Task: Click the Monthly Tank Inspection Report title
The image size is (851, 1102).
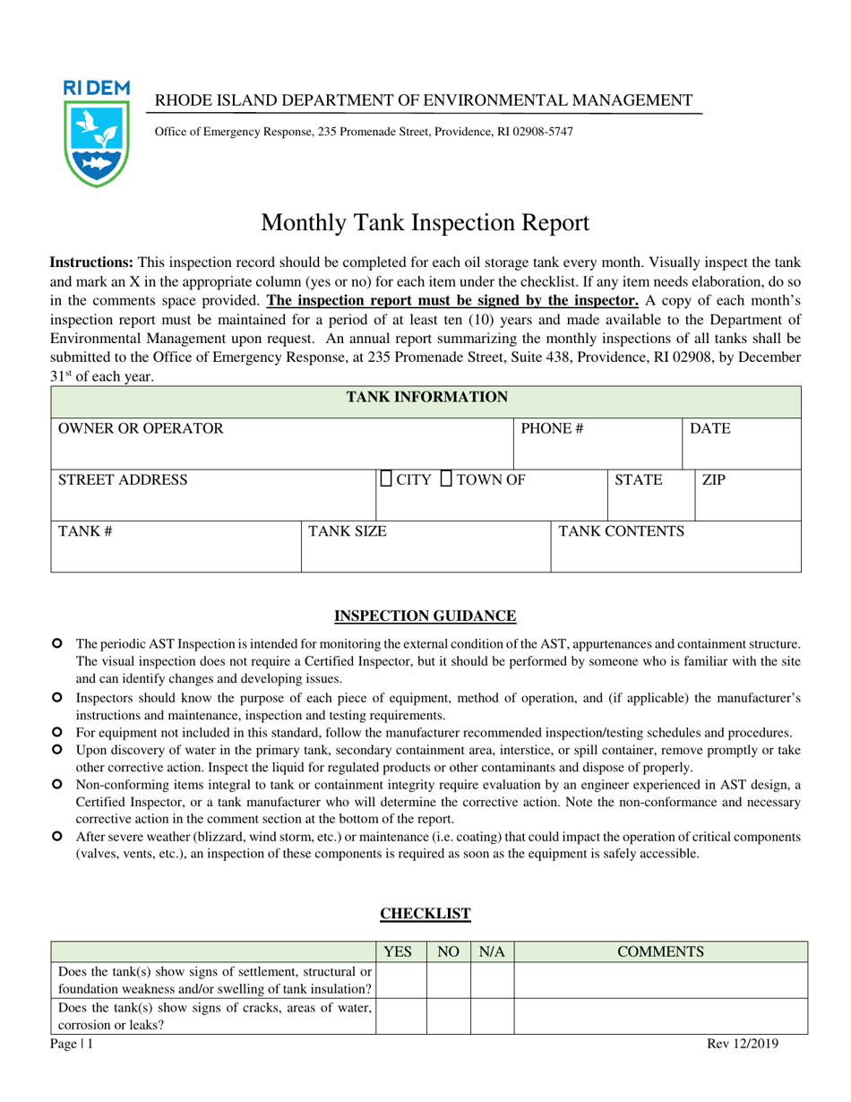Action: [425, 221]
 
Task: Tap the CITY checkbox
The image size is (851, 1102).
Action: [386, 479]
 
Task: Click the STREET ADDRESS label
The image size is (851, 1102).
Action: [123, 480]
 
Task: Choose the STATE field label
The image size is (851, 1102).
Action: [639, 480]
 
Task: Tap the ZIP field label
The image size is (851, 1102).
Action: [713, 480]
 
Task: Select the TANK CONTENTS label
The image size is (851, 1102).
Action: [622, 531]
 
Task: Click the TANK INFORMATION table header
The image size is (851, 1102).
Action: [427, 397]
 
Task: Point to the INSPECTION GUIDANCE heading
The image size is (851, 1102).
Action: [425, 616]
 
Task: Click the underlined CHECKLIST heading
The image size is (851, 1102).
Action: [425, 913]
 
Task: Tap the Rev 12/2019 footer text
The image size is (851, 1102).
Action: [740, 1043]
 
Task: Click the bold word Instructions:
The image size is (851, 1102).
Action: [91, 263]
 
